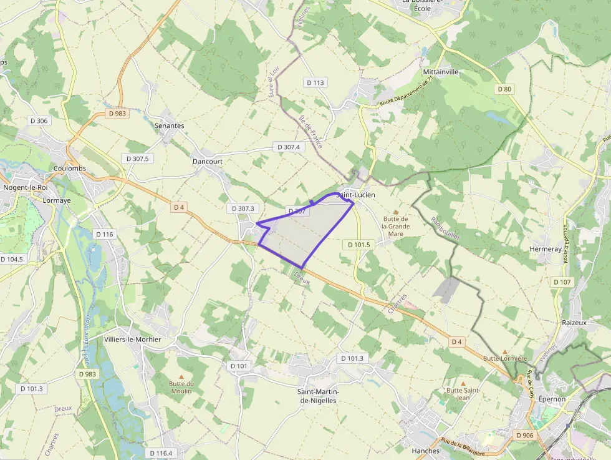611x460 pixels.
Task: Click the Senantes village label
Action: coord(169,125)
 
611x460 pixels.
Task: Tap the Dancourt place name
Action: coord(208,161)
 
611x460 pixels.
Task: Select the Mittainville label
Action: coord(441,72)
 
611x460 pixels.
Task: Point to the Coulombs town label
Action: coord(69,169)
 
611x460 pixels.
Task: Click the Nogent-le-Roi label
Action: coord(26,187)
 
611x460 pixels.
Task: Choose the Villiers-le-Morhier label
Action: coord(133,340)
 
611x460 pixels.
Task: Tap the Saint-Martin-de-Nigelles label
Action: coord(318,396)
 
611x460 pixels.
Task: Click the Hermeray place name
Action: coord(545,248)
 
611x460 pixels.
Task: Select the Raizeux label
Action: coord(574,323)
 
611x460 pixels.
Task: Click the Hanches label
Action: coord(426,451)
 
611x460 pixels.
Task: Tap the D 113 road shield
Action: coord(316,82)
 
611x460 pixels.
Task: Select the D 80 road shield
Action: coord(505,89)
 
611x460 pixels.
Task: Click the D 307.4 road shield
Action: coord(287,147)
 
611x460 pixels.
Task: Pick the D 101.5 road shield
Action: coord(358,245)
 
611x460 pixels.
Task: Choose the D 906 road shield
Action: coord(525,435)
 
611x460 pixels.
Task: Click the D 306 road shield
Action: coord(39,121)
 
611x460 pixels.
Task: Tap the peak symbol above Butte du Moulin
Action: coord(181,376)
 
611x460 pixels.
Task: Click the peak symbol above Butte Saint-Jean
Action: coord(463,383)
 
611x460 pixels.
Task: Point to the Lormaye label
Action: coord(58,200)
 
